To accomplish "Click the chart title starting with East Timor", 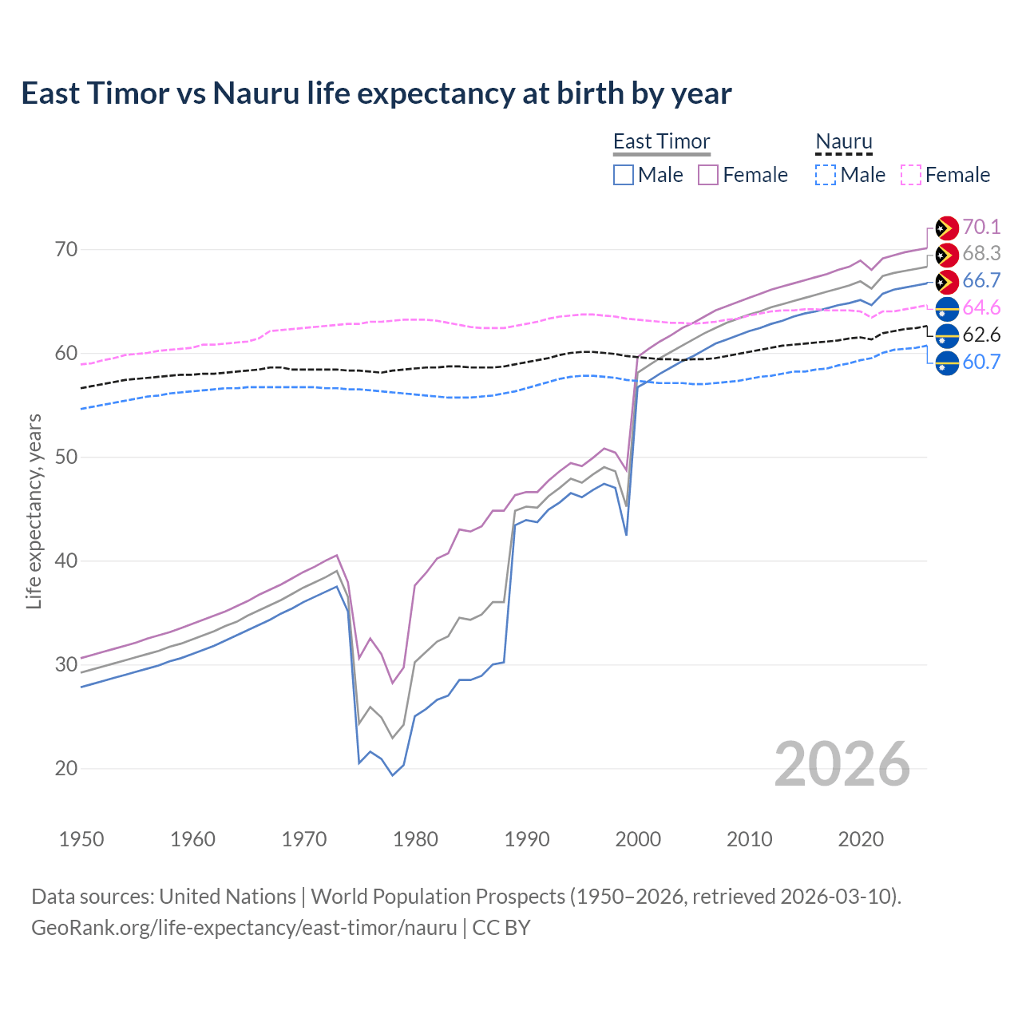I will (x=376, y=93).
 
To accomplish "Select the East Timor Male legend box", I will (x=624, y=175).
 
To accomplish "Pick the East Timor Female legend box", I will (x=708, y=175).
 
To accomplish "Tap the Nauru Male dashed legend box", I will (x=826, y=175).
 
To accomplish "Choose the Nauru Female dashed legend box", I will (x=911, y=175).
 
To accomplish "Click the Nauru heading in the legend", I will (x=844, y=141).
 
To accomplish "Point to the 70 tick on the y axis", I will (x=66, y=250).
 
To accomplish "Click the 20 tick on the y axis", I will (x=66, y=769).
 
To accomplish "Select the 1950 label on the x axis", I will (x=81, y=839).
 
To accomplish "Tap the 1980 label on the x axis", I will (x=415, y=839).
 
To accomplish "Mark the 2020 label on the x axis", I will (x=861, y=839).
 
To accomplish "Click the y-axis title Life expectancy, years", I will (x=34, y=511).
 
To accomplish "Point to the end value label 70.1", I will (x=981, y=228).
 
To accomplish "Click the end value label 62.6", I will (x=981, y=335).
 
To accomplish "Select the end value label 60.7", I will (x=981, y=362).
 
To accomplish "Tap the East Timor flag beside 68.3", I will (x=947, y=255).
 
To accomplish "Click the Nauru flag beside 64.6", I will (x=947, y=309).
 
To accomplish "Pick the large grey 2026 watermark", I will (x=842, y=764).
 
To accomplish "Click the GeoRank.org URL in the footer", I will (x=244, y=928).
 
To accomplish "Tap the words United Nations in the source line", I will (x=228, y=897).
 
